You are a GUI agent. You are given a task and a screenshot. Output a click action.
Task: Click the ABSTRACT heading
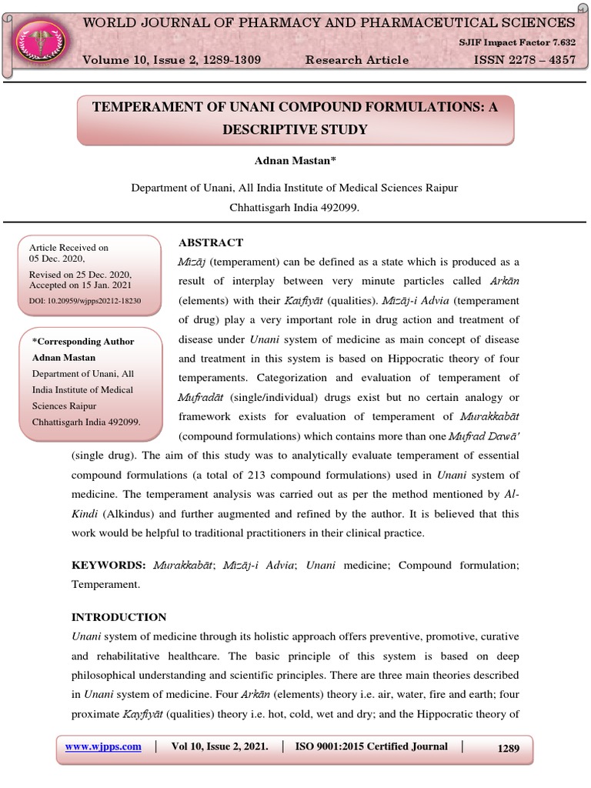pyautogui.click(x=211, y=242)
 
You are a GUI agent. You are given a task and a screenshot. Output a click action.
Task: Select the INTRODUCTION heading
pyautogui.click(x=119, y=617)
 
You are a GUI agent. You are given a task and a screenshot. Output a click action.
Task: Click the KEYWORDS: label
pyautogui.click(x=109, y=565)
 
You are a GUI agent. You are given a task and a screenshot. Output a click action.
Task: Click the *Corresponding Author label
pyautogui.click(x=83, y=342)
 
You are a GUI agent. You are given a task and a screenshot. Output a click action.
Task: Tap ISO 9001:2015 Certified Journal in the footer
pyautogui.click(x=372, y=746)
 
